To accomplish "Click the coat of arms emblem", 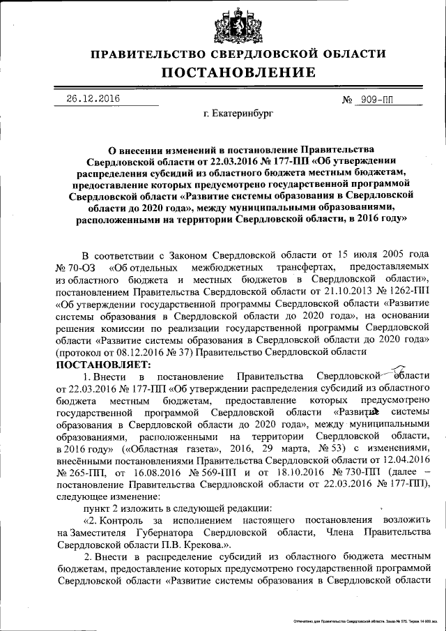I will tap(229, 25).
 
